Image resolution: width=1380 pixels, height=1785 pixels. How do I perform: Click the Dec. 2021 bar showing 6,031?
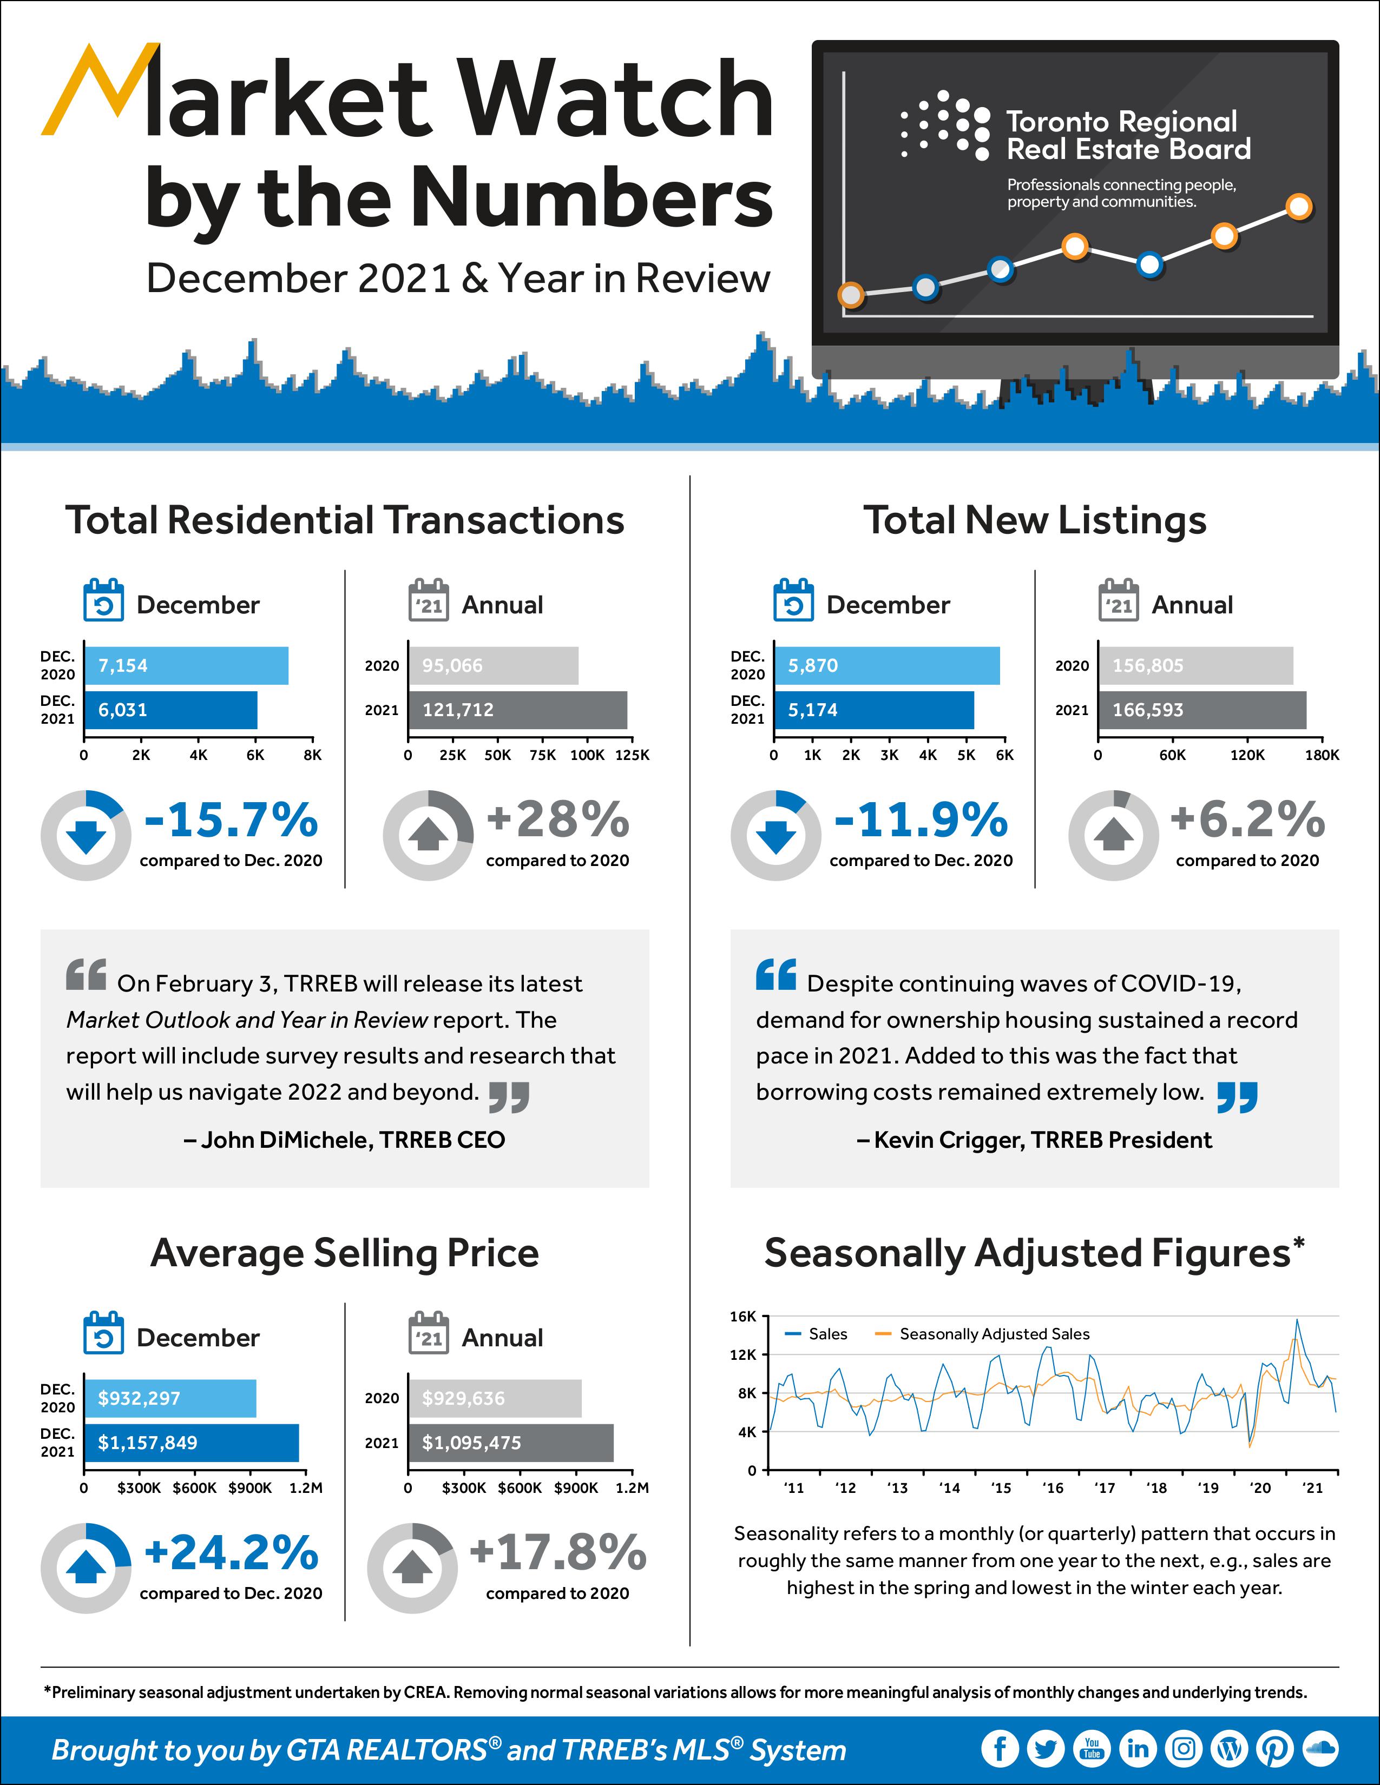170,710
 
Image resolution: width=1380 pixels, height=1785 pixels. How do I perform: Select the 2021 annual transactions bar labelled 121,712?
517,710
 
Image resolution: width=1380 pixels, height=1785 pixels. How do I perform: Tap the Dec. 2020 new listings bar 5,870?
886,665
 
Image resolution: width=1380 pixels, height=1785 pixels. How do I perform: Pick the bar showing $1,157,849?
191,1443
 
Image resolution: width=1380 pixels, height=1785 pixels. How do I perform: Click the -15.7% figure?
232,820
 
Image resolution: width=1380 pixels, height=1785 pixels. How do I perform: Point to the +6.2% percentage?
1247,820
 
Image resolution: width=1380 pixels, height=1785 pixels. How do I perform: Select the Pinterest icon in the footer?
1274,1749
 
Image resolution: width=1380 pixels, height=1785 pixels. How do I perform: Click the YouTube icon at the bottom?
1092,1749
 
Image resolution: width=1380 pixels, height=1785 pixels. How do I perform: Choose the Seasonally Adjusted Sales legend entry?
983,1334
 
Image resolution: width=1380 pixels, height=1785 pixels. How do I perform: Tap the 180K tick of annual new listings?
1321,755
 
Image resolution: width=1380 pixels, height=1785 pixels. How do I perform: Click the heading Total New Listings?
1034,520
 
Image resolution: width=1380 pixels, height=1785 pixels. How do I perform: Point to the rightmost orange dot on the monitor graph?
1298,206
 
